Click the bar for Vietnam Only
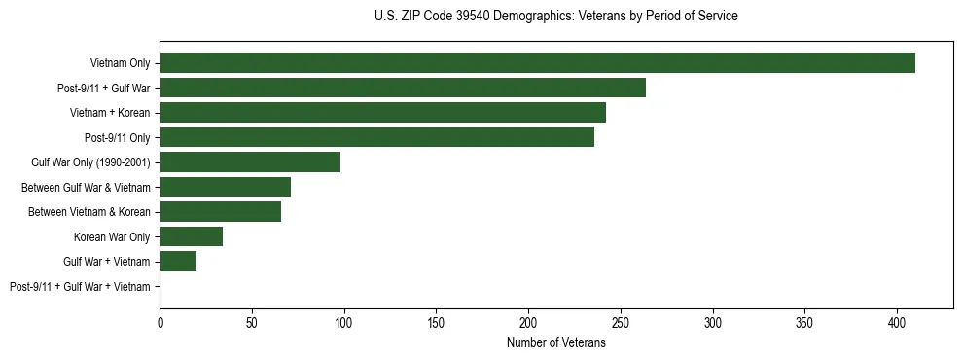point(537,63)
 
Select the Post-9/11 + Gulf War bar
point(403,89)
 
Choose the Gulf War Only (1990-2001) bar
point(250,162)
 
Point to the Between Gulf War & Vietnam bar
point(225,187)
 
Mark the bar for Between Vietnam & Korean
point(220,212)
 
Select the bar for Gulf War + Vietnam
point(178,262)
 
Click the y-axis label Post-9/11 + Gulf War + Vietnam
point(80,287)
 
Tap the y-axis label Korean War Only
point(112,237)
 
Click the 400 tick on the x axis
point(897,321)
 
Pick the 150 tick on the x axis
point(436,321)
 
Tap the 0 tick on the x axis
point(160,321)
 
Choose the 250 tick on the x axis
point(621,321)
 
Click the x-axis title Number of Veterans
point(556,342)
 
